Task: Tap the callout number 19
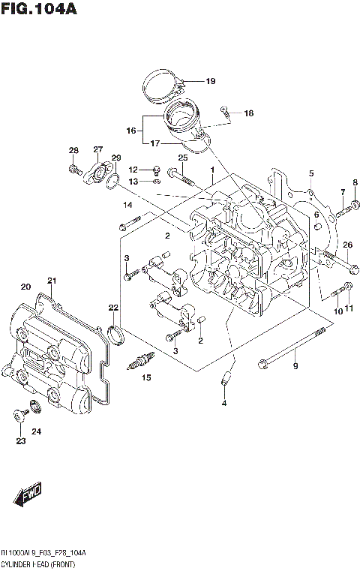tap(210, 81)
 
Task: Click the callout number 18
tap(248, 113)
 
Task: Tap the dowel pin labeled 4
tap(225, 380)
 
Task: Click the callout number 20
tap(25, 286)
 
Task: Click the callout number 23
tap(21, 440)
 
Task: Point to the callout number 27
tap(98, 149)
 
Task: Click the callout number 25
tap(182, 157)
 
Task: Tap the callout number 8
tap(355, 182)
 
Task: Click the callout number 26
tap(347, 245)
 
